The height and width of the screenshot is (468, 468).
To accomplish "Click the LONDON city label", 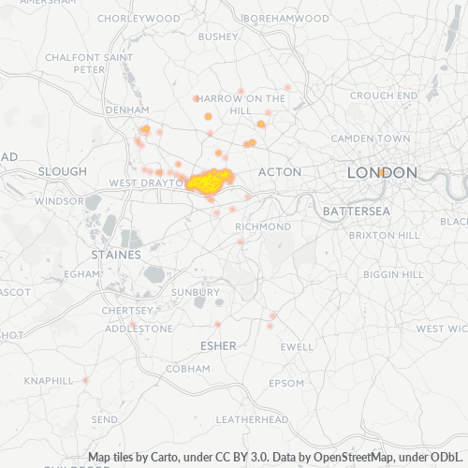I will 382,173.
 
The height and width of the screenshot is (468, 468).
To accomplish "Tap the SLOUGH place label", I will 63,172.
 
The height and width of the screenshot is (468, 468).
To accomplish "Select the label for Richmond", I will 263,227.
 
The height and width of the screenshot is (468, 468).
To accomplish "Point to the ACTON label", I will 279,172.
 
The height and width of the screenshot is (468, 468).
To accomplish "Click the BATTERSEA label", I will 356,212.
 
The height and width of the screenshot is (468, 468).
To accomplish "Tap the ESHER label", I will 219,346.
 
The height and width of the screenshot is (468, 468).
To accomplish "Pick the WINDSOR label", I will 59,201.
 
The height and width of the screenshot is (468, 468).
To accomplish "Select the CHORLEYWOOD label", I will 139,19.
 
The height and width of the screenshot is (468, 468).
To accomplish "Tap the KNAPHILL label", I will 49,381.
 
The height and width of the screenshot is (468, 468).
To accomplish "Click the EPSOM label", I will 286,383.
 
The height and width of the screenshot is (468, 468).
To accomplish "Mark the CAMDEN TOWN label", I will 378,139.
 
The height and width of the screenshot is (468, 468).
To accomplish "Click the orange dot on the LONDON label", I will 384,172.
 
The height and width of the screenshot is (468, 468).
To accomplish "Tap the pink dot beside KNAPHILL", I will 85,380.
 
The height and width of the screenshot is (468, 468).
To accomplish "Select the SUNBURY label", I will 196,292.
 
